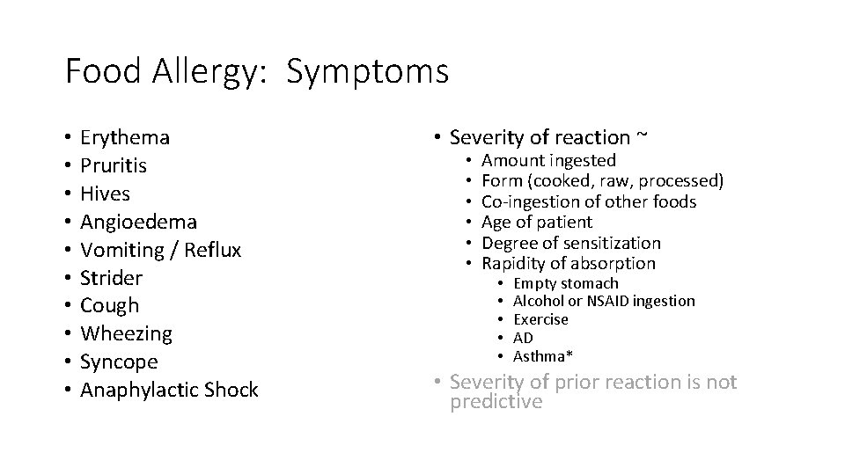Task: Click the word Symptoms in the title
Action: (x=367, y=71)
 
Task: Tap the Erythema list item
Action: (x=125, y=137)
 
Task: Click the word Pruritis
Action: (x=114, y=165)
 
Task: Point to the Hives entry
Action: (x=105, y=194)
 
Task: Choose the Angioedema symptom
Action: (x=138, y=222)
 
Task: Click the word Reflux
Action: (x=213, y=250)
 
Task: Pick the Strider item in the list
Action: (x=111, y=278)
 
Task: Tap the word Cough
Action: (x=110, y=306)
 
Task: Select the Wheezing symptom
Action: (x=126, y=334)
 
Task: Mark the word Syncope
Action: (x=119, y=362)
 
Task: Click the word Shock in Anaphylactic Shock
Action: (x=231, y=391)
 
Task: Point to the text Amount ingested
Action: (x=549, y=160)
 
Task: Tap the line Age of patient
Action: (x=538, y=223)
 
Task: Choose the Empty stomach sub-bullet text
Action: (x=566, y=283)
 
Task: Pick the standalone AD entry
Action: (x=523, y=338)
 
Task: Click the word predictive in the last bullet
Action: (x=496, y=402)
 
